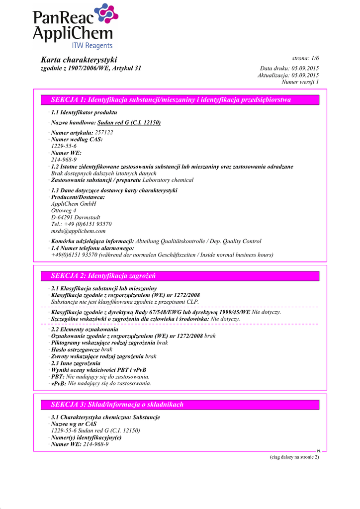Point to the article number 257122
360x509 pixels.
104,133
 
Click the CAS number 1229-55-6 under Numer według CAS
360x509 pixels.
64,147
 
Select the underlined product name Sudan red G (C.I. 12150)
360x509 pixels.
129,122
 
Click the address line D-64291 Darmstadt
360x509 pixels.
76,217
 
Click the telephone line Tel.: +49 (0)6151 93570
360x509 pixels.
82,224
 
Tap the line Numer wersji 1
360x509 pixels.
300,82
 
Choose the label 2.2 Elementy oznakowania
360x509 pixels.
85,329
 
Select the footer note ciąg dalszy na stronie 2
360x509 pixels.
290,457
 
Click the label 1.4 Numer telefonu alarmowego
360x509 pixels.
92,248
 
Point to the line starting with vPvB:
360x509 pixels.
101,384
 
